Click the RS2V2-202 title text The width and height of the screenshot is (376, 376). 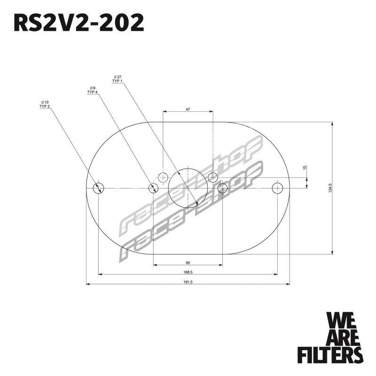[79, 23]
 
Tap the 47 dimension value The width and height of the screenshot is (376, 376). [188, 110]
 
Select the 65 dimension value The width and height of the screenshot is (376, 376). [188, 263]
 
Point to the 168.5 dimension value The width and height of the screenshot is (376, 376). [188, 272]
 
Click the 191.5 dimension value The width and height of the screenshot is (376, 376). [188, 282]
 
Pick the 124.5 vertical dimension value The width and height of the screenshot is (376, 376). [330, 188]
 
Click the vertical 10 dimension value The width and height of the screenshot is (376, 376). [305, 167]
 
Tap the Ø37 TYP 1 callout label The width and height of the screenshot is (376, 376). [117, 79]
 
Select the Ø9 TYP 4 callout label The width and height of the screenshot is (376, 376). [93, 90]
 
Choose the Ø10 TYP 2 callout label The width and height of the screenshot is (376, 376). [45, 104]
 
